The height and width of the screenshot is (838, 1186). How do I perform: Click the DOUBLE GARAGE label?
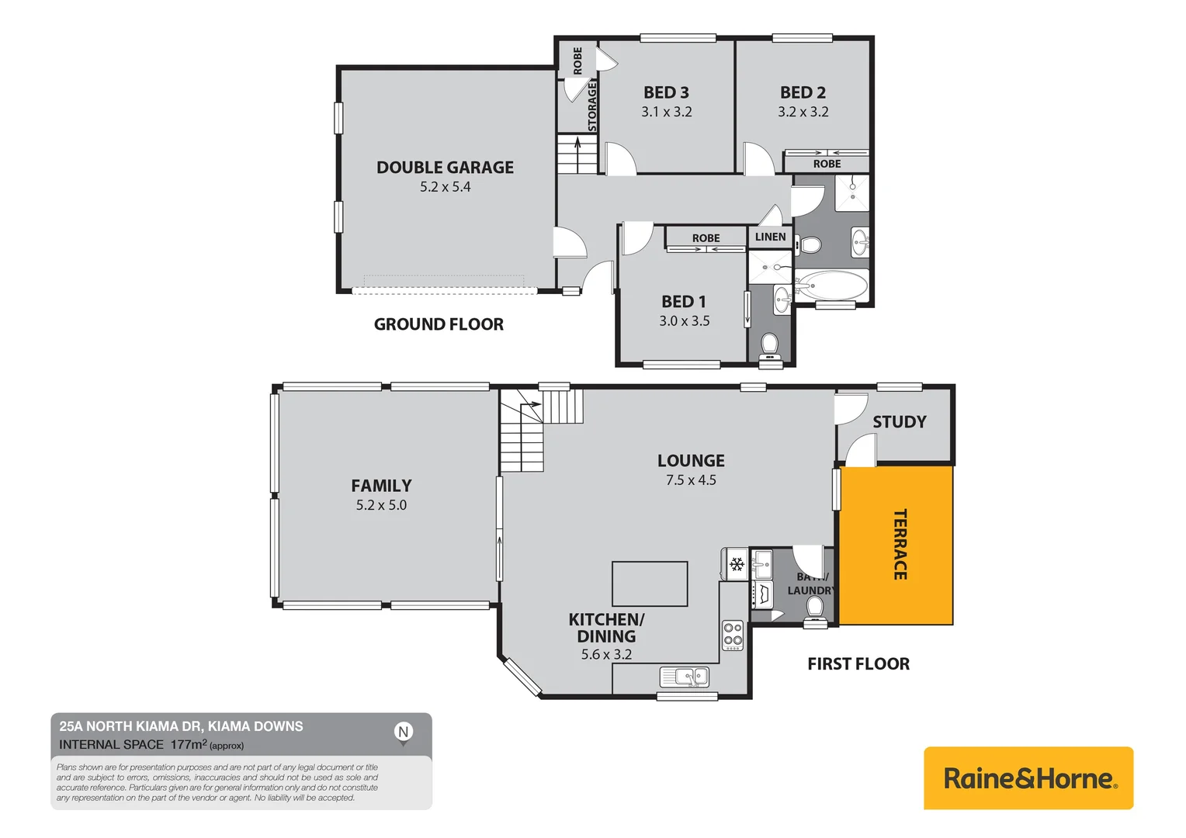[x=445, y=168]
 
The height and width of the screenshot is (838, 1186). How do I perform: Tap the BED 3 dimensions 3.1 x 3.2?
[x=666, y=112]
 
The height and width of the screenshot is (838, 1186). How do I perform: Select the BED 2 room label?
[x=803, y=92]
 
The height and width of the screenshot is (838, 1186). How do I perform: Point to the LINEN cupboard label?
[x=770, y=237]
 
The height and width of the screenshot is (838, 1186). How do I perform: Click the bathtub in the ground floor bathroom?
[x=832, y=286]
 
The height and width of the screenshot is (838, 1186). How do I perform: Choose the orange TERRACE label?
[x=900, y=544]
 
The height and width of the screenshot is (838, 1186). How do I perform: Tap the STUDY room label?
[x=899, y=422]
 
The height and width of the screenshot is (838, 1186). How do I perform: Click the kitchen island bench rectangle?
[x=650, y=583]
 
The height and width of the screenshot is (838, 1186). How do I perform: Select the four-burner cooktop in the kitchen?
[x=733, y=635]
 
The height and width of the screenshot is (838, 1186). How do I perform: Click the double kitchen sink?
[x=684, y=677]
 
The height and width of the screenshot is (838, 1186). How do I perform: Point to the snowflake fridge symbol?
[x=737, y=564]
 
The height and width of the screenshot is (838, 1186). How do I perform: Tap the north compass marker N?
[x=403, y=732]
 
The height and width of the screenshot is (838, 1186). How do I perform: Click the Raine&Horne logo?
[x=1028, y=778]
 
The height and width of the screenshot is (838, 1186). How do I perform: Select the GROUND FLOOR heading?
[x=439, y=324]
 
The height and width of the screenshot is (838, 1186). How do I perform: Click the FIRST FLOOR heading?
[x=858, y=664]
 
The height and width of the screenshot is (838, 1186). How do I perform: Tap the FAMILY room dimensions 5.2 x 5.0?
[x=381, y=505]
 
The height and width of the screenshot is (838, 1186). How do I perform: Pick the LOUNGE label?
[x=691, y=461]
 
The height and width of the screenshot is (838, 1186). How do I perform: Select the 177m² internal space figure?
[x=189, y=744]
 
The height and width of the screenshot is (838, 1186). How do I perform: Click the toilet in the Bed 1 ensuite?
[x=769, y=345]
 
